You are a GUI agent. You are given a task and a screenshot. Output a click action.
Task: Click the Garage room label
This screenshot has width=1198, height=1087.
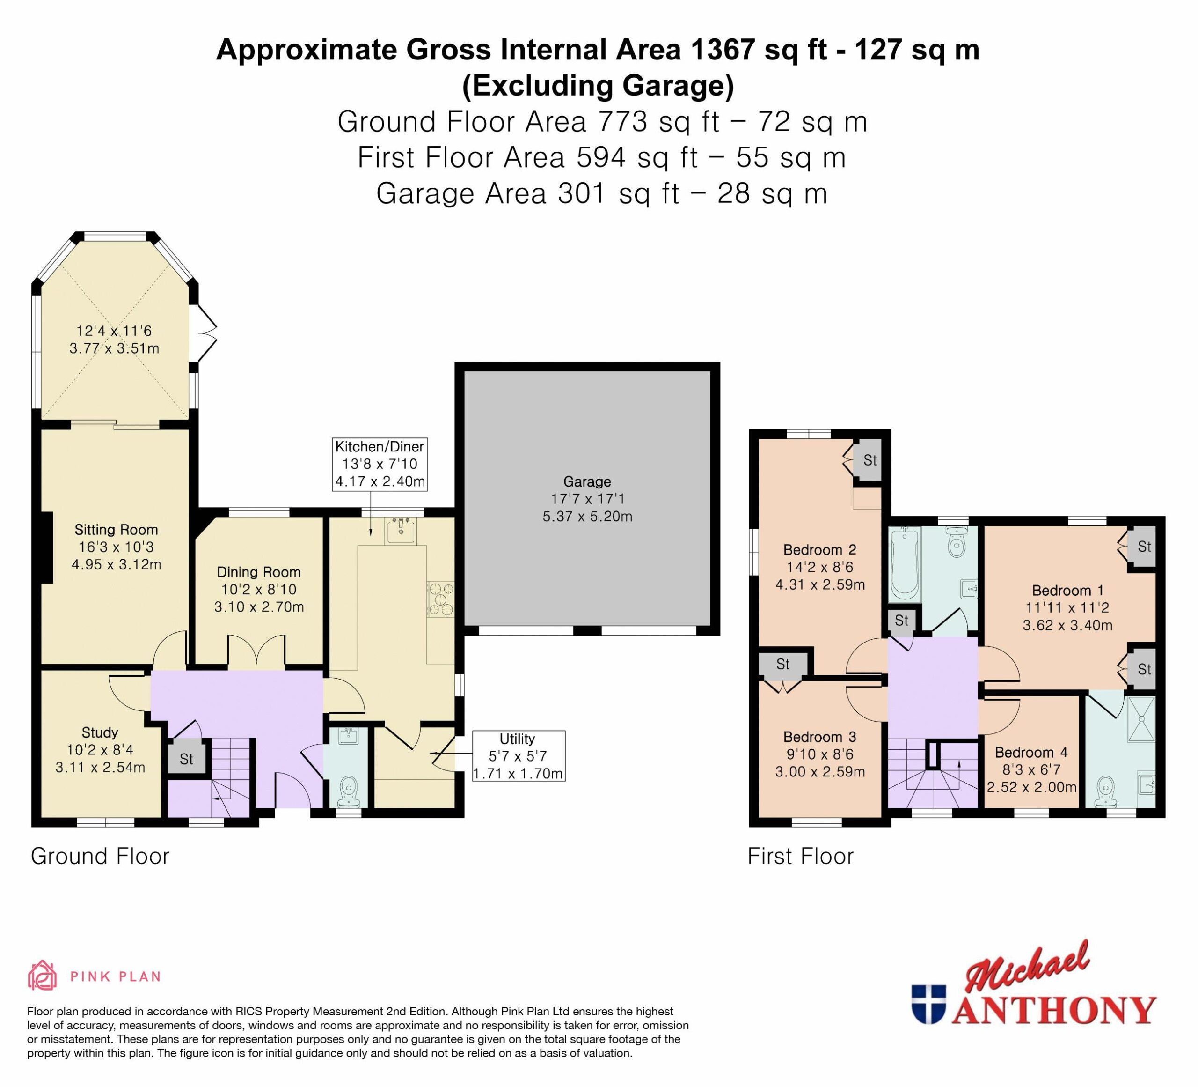587,481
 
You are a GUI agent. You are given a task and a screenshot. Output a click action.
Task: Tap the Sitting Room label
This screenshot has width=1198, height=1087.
116,530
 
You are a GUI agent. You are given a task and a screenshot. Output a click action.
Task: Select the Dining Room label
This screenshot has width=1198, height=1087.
258,572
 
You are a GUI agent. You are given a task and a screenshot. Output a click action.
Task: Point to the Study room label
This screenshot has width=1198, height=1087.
100,732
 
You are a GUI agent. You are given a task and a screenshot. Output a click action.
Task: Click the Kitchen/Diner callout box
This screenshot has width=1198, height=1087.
380,464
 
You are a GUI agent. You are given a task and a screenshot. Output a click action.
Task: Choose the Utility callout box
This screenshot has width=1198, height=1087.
518,756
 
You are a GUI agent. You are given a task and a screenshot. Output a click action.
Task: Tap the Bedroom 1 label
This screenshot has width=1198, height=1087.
1067,591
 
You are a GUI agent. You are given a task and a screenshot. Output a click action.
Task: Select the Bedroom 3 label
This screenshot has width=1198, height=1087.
819,737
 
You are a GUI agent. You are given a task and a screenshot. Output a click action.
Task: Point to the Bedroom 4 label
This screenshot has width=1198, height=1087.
1031,752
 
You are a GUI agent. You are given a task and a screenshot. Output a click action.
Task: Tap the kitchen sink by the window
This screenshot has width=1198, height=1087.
401,531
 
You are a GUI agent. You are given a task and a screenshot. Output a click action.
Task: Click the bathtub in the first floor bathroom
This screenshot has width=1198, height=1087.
905,563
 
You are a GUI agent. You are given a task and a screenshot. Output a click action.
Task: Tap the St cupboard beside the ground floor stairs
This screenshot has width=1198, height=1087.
187,759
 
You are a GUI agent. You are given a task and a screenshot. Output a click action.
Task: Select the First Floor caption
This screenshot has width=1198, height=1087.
800,856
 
